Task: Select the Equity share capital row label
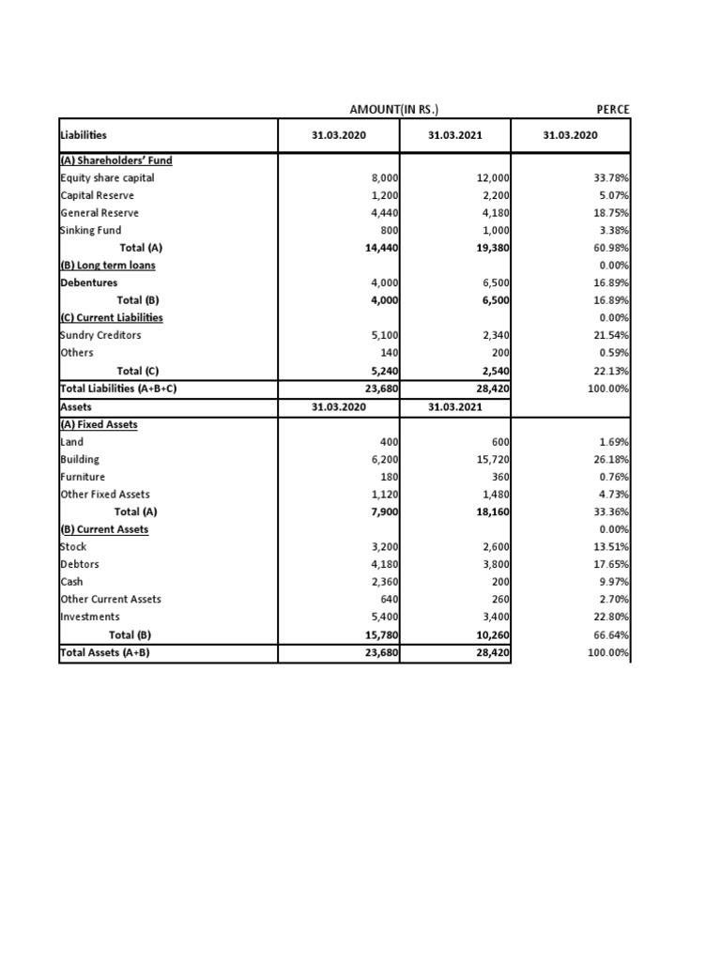coord(107,177)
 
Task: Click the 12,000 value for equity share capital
coord(493,177)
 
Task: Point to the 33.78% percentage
coord(612,177)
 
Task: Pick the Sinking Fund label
coord(90,230)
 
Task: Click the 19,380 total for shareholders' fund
coord(490,248)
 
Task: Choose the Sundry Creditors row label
coord(100,335)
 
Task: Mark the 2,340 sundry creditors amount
coord(496,335)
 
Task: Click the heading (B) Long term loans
coord(107,265)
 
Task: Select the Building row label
coord(79,460)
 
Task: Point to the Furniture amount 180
coord(387,478)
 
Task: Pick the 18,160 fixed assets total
coord(490,512)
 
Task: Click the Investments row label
coord(89,617)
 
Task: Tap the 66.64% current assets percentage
coord(612,634)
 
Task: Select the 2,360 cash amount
coord(383,582)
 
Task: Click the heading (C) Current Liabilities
coord(111,317)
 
